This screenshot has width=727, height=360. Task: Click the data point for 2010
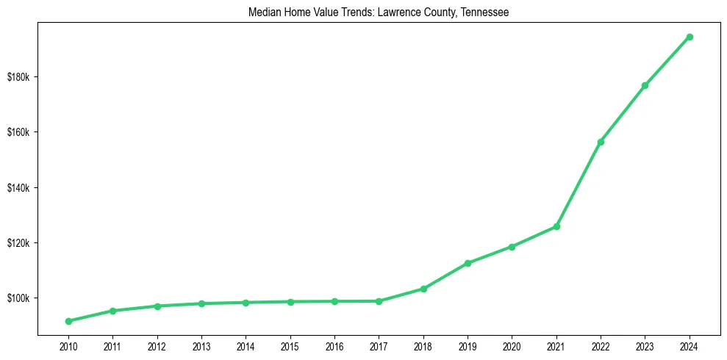pos(68,321)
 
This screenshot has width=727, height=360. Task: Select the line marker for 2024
pos(690,37)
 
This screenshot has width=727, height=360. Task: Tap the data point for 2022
pos(601,142)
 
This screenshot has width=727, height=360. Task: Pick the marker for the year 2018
pos(423,289)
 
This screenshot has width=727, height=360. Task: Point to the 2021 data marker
pos(556,226)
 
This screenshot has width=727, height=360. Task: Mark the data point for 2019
pos(468,263)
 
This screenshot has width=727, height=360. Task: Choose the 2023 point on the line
pos(645,86)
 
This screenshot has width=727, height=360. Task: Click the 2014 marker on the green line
pos(246,303)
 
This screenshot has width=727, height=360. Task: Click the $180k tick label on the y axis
pos(18,77)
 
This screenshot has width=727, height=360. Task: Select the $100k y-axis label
pos(18,298)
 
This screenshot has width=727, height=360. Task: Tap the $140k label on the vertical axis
pos(18,188)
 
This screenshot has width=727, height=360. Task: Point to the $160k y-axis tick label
pos(18,132)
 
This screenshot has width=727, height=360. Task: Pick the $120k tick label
pos(18,243)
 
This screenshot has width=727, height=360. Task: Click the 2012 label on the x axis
pos(157,345)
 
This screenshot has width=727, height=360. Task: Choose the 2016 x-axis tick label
pos(334,345)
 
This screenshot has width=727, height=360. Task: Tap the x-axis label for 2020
pos(512,345)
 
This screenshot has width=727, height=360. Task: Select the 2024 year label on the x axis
pos(690,345)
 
